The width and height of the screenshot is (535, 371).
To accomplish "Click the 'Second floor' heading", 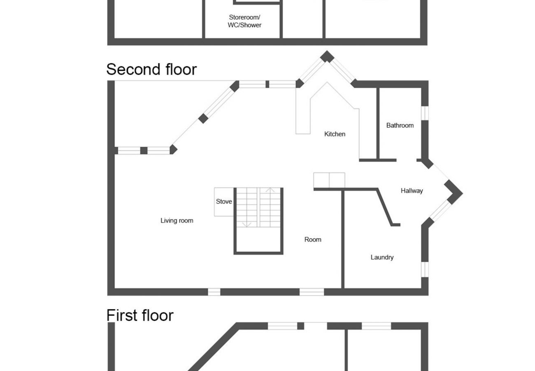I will click(151, 69).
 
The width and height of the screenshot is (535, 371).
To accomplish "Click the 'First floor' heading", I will click(140, 315).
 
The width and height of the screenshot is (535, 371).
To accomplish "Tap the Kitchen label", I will click(335, 134).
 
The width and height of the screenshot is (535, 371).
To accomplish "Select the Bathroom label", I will click(400, 125).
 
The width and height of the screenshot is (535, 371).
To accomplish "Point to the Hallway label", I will click(412, 190).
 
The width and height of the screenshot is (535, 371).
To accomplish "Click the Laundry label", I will click(382, 257).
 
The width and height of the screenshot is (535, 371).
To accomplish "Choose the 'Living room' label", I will click(177, 221).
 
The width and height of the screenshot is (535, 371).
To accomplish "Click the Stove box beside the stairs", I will click(224, 202).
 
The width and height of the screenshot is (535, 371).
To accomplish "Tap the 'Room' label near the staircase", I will click(312, 240).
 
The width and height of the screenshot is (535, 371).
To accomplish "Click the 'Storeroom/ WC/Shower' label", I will click(245, 21).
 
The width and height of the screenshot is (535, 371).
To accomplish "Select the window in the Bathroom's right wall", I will click(425, 113).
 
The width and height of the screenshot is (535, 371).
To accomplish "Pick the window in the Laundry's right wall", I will click(425, 269).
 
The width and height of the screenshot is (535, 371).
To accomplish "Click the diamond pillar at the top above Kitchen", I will click(327, 56).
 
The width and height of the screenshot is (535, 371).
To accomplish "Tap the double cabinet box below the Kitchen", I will click(329, 180).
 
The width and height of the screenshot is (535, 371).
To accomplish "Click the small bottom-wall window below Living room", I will click(214, 292).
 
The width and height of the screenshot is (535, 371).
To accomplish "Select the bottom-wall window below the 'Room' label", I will click(312, 292).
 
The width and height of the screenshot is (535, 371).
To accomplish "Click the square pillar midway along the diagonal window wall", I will click(203, 119).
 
